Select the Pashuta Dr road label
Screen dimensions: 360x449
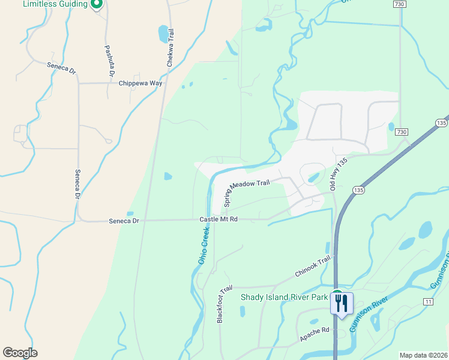[x=109, y=61]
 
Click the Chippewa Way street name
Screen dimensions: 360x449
[x=140, y=83]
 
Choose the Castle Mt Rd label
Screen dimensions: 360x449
[x=218, y=220]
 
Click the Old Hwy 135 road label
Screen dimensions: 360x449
[x=340, y=174]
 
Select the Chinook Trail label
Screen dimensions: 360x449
[x=313, y=267]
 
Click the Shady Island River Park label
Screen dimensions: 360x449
[x=284, y=297]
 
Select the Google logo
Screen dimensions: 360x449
[x=20, y=353]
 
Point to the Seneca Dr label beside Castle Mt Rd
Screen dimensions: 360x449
[x=124, y=221]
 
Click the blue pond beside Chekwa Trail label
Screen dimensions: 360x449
[x=163, y=34]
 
